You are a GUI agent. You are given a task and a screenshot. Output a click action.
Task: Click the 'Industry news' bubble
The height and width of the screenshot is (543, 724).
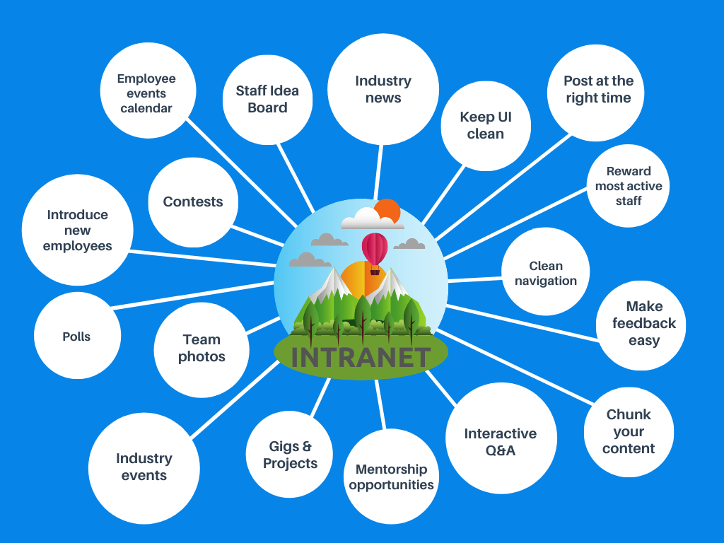[x=383, y=90]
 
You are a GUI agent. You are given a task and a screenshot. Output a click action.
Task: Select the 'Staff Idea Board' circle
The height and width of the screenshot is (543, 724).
[x=267, y=99]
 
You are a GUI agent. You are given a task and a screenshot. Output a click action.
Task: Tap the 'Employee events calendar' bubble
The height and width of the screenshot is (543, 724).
[x=146, y=93]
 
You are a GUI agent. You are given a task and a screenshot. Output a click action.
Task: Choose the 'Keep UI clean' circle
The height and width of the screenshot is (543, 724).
[x=485, y=126]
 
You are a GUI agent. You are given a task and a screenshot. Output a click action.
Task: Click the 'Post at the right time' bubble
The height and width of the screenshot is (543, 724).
[x=597, y=90]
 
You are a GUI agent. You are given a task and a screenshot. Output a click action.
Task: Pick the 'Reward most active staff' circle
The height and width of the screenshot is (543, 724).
[x=628, y=186]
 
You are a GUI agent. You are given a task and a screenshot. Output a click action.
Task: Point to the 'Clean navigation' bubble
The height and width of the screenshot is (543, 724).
[x=545, y=273]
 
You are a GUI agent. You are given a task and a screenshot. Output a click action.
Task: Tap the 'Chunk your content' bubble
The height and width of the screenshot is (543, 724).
[x=628, y=431]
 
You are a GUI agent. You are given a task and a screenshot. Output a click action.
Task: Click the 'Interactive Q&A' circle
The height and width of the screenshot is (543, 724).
[x=501, y=442]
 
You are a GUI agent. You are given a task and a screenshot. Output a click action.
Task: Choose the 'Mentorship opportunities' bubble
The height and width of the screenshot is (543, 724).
[x=391, y=477]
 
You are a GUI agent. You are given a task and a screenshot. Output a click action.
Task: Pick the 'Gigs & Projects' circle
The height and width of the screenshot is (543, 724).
[x=290, y=455]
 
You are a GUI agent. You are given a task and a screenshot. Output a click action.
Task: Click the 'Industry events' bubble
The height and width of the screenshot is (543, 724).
[x=144, y=467]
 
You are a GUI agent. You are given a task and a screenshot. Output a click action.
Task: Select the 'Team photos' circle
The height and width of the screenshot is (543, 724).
[x=202, y=349]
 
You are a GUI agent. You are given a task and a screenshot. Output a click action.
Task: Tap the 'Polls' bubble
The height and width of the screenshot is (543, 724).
[x=76, y=337]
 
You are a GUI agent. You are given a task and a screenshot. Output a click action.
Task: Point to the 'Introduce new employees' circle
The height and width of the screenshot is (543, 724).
[x=77, y=230]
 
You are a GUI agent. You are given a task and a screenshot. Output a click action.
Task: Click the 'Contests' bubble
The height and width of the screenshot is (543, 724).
[x=192, y=202]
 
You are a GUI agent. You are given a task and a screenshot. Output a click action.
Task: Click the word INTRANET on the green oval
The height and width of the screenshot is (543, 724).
[x=361, y=357]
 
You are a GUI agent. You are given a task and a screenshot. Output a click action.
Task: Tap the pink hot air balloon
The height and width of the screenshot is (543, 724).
[x=375, y=250]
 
